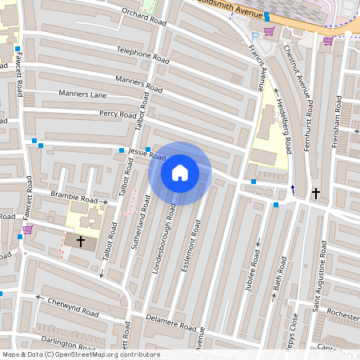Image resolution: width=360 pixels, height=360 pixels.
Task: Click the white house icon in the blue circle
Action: click(180, 173)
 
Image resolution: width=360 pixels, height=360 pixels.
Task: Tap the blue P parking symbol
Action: click(255, 35)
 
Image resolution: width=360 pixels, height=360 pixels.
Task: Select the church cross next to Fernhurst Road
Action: click(316, 194)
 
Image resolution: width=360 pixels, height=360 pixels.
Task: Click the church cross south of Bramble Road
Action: click(79, 240)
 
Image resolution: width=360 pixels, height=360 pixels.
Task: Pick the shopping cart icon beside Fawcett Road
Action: click(27, 229)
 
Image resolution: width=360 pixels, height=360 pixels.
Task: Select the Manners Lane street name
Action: click(82, 94)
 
